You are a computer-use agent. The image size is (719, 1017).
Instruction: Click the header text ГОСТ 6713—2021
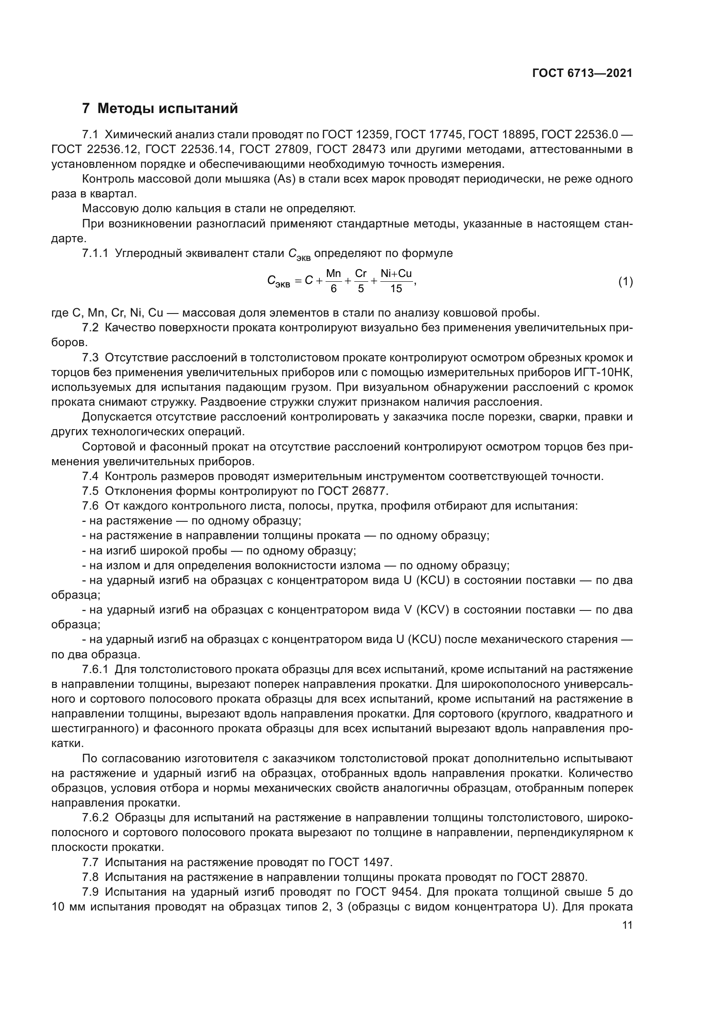coord(582,73)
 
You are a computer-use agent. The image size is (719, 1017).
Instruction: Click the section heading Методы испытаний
coord(167,109)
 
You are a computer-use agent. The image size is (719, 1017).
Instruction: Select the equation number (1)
coord(625,282)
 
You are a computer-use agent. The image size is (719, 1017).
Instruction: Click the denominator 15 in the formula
coord(396,289)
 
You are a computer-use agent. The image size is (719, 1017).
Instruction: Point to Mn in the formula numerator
coord(333,274)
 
